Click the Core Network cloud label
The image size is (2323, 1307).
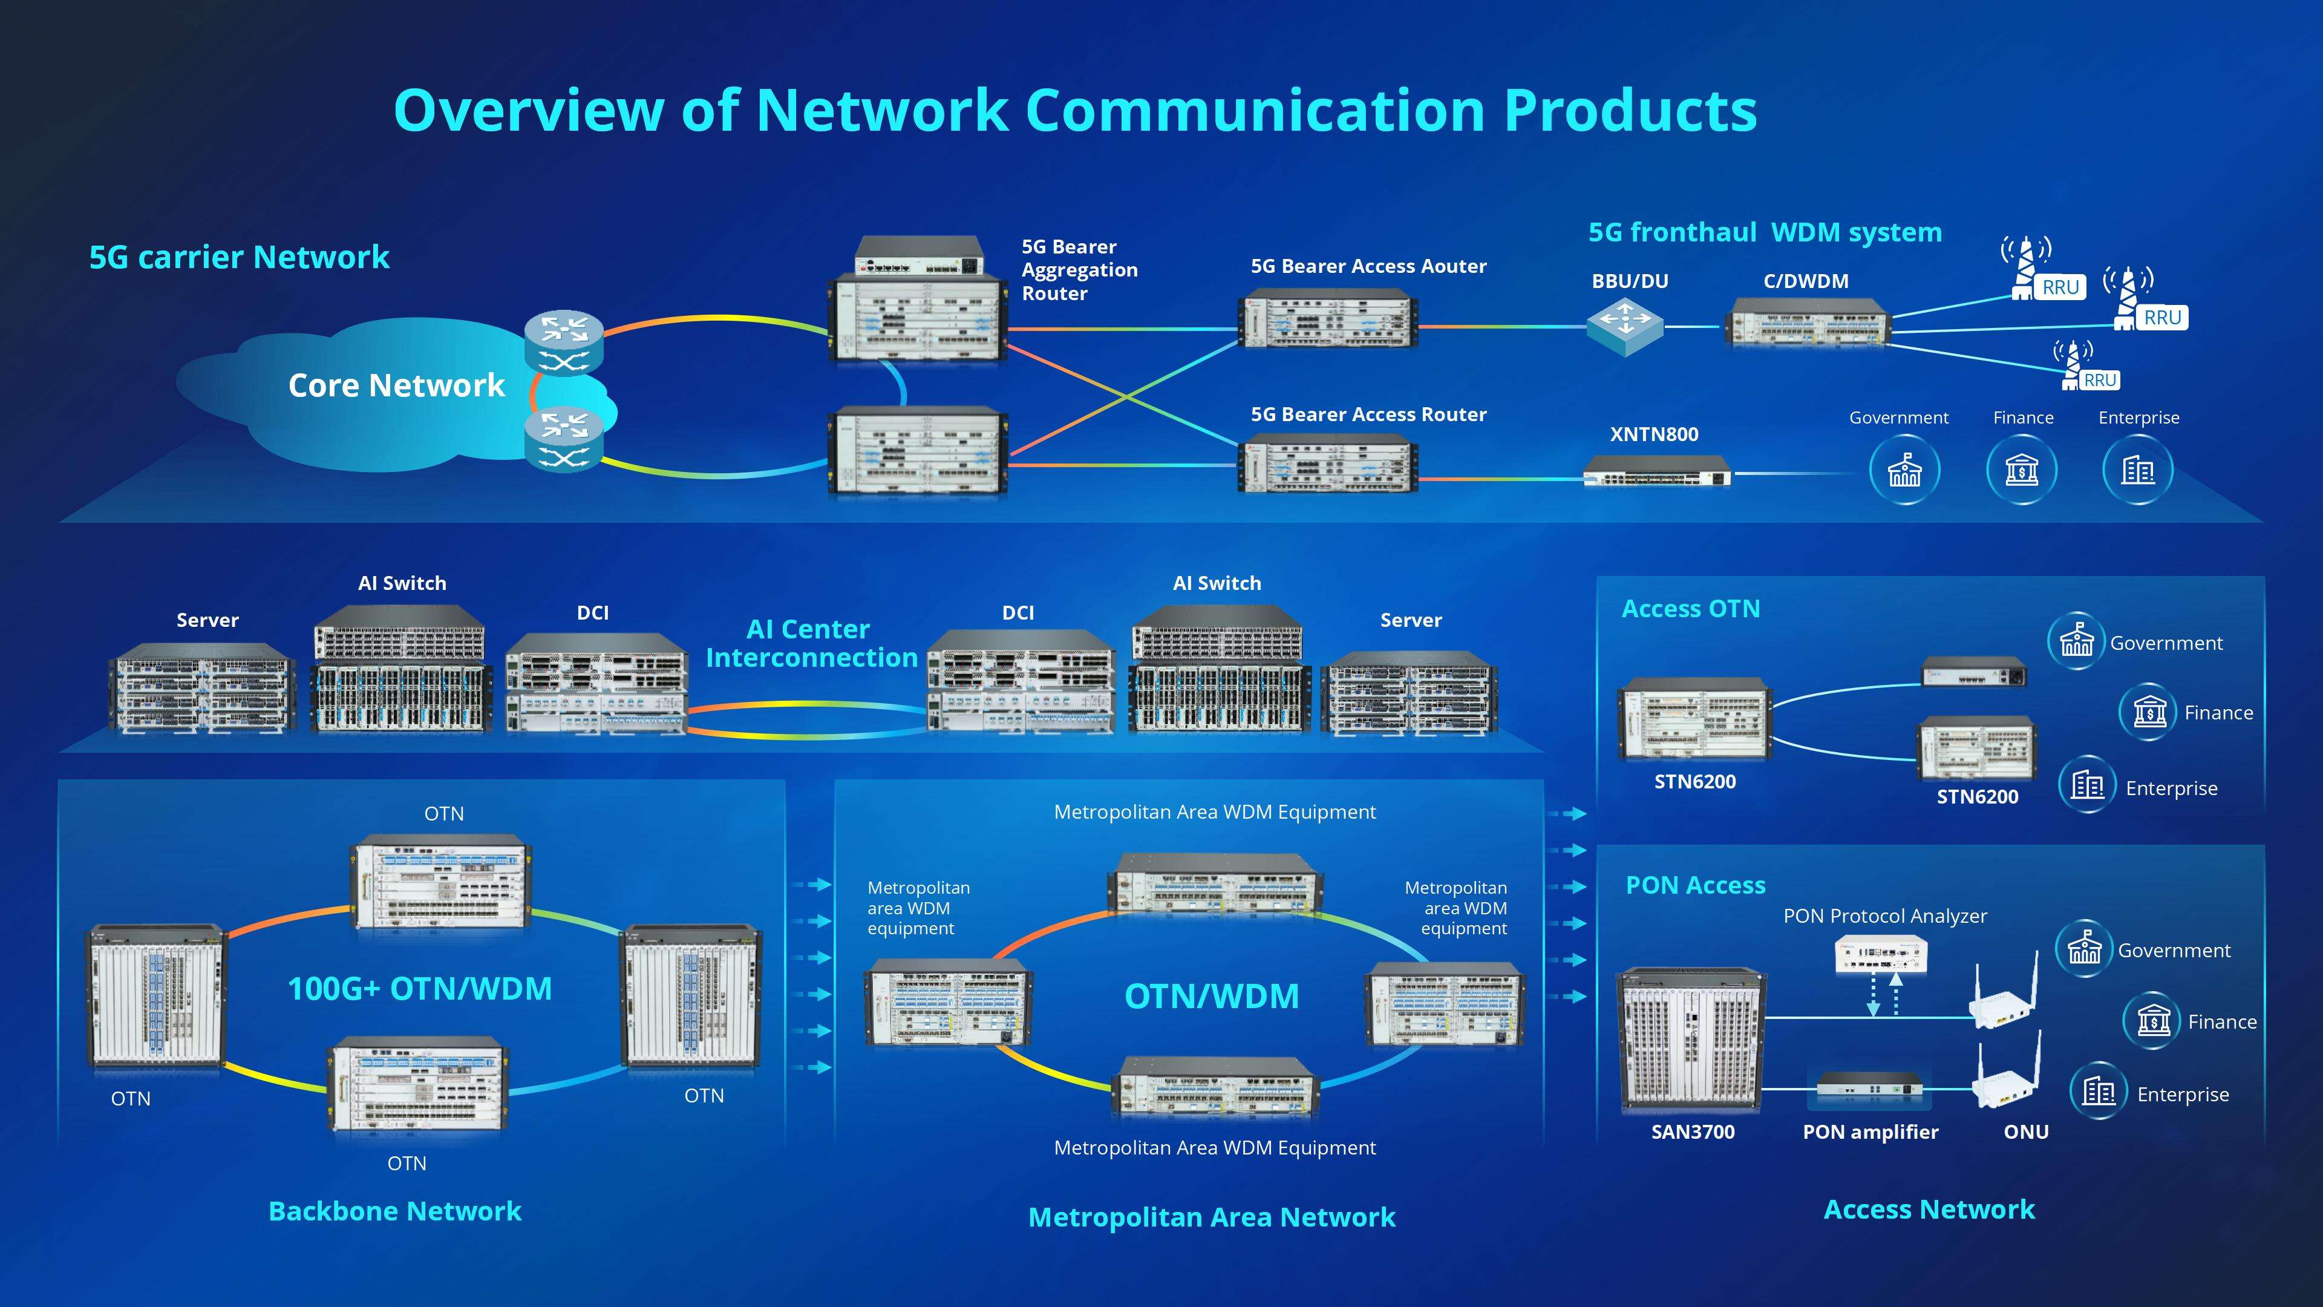(395, 385)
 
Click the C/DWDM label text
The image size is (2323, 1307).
(1805, 281)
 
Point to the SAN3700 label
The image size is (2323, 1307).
(1692, 1131)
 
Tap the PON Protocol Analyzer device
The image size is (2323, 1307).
(1881, 954)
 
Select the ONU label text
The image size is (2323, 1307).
(2025, 1131)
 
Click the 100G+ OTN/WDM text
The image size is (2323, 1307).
(419, 989)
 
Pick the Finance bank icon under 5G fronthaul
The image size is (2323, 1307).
(2021, 470)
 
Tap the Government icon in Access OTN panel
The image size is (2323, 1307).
(2076, 641)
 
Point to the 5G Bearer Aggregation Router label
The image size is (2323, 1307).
(1079, 270)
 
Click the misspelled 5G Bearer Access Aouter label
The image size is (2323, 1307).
(1367, 266)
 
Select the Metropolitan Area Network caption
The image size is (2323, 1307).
(1211, 1217)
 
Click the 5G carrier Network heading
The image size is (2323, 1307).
(239, 257)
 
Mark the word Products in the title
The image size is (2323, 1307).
(1630, 110)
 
